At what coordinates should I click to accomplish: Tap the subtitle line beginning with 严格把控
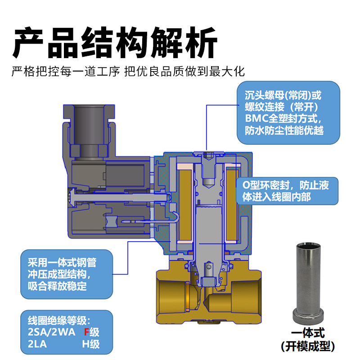pyautogui.click(x=128, y=72)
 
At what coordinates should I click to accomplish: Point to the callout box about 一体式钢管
pyautogui.click(x=67, y=274)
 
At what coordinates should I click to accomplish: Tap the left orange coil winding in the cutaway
pyautogui.click(x=184, y=202)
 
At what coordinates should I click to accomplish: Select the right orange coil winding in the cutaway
pyautogui.click(x=232, y=202)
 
